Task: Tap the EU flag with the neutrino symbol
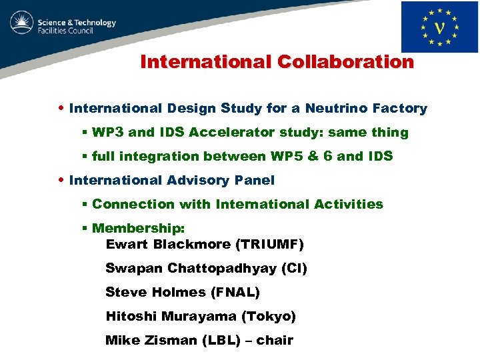(x=439, y=27)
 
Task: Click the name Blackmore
(x=192, y=245)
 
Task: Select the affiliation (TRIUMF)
(x=270, y=245)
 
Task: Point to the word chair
(x=275, y=341)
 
